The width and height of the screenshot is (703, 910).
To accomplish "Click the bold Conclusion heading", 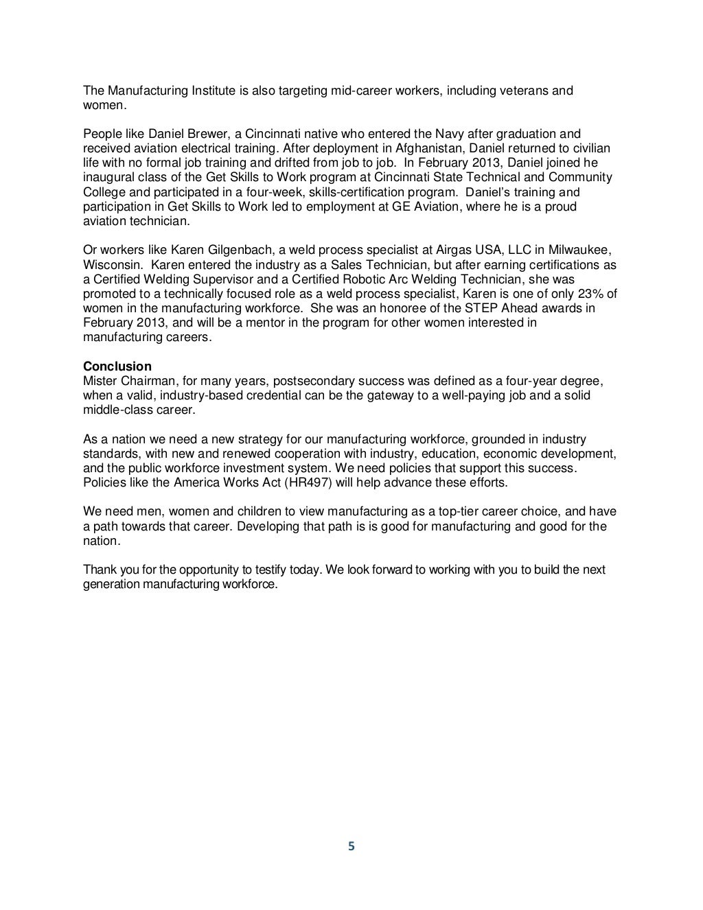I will (x=117, y=366).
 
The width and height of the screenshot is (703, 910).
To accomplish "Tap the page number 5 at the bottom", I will (x=351, y=846).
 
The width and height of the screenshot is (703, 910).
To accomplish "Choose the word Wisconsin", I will (x=111, y=265).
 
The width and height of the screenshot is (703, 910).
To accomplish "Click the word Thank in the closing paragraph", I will (x=99, y=570).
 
